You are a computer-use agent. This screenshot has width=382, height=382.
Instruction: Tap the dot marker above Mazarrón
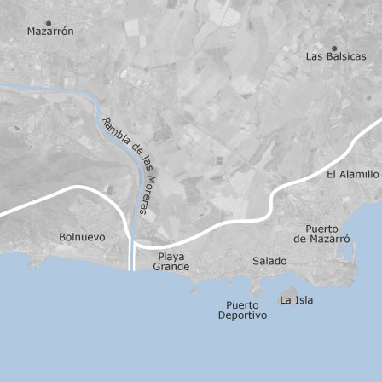pos(49,22)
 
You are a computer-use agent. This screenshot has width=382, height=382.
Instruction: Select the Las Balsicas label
pos(336,56)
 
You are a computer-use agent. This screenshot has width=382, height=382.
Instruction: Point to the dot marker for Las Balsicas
pos(334,47)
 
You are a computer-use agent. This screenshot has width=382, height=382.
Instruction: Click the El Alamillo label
pos(353,173)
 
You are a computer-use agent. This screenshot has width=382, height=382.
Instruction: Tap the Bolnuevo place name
pos(82,237)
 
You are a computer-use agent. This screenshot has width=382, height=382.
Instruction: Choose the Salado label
pos(269,259)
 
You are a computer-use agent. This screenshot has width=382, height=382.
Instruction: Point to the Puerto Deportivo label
pos(242,310)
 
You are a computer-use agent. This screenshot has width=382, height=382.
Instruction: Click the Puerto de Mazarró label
pos(321,234)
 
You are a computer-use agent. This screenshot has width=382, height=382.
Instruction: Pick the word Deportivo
pos(242,315)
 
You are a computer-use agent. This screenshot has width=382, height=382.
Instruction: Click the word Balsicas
pos(345,56)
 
